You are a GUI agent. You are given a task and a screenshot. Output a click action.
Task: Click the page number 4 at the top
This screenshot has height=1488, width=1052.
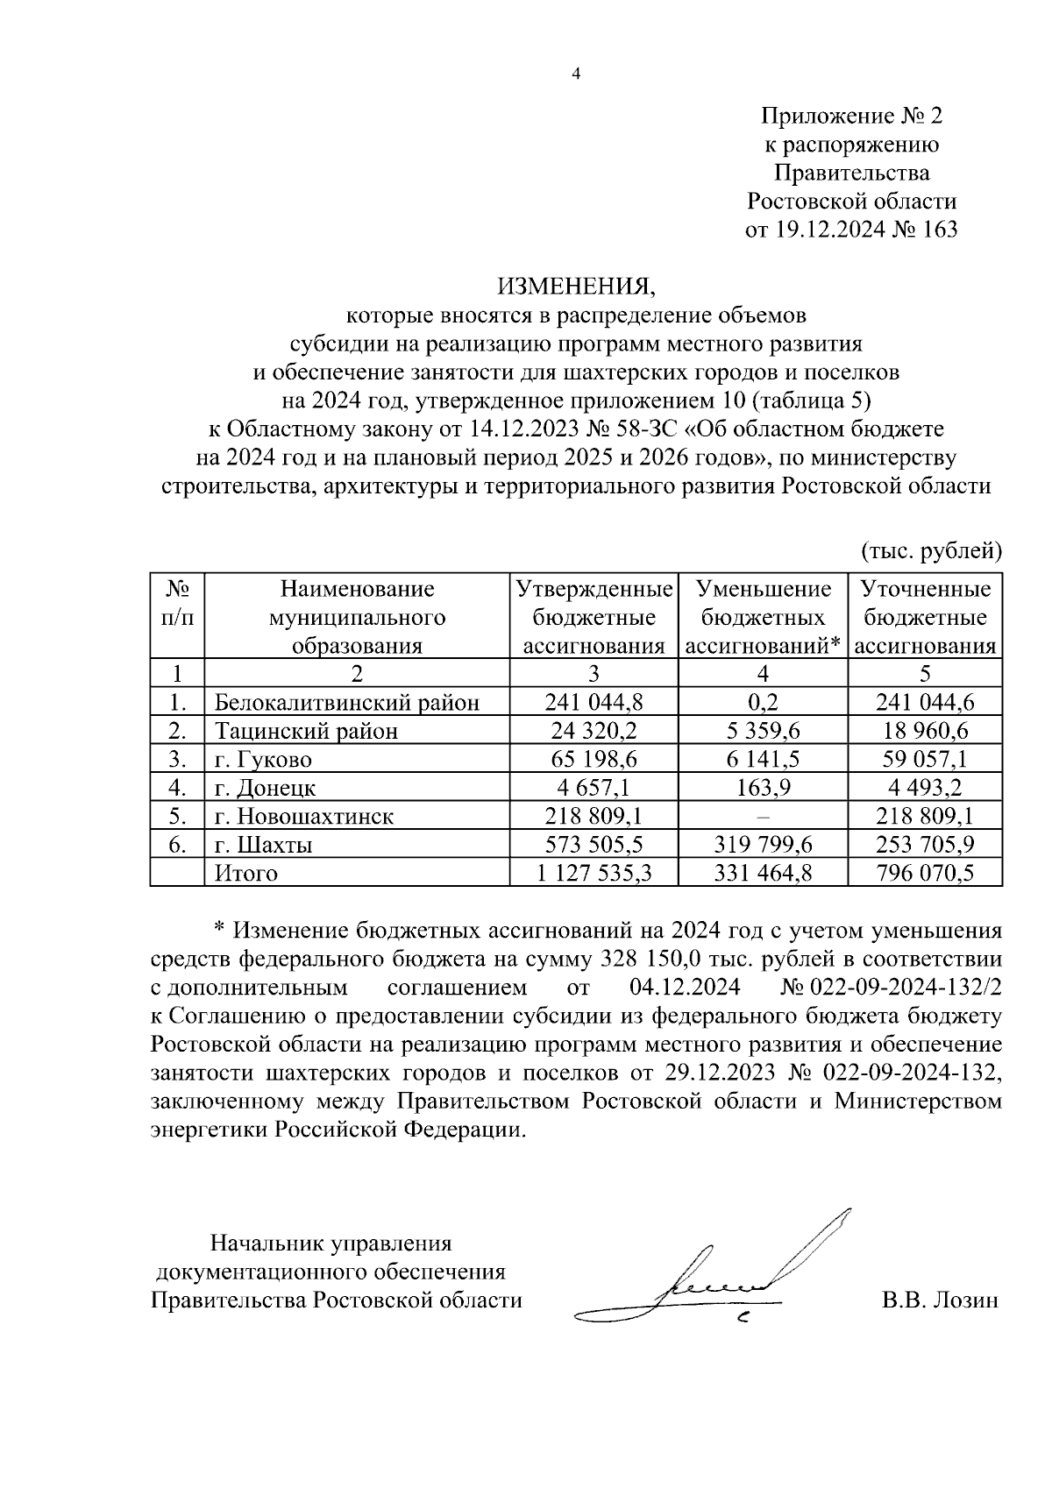(x=576, y=74)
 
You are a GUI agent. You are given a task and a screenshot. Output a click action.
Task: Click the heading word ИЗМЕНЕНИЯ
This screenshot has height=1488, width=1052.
(x=576, y=286)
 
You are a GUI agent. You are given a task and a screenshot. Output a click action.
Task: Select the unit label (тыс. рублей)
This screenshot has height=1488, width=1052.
(x=930, y=551)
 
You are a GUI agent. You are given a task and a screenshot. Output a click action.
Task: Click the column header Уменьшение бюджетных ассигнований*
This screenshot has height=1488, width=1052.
(x=763, y=617)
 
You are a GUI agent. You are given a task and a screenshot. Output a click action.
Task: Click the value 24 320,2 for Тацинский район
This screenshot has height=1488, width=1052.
(x=594, y=731)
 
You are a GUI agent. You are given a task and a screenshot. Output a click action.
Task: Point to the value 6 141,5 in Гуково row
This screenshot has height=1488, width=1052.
(x=763, y=759)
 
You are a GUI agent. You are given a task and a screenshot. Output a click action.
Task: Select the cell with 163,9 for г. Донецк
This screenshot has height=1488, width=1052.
(x=763, y=788)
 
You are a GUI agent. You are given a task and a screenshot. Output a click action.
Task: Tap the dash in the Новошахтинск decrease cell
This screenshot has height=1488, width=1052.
(x=763, y=817)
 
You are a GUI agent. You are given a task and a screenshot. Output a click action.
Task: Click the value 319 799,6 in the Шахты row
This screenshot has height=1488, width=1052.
(x=763, y=845)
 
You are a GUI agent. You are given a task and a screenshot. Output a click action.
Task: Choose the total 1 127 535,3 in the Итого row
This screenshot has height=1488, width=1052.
(x=594, y=874)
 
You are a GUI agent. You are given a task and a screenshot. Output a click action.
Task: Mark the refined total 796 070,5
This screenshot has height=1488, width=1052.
(x=925, y=874)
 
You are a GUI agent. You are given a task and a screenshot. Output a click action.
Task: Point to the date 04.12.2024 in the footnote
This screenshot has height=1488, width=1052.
(x=685, y=988)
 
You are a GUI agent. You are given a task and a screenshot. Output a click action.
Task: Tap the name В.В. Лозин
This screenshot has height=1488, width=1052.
(x=940, y=1300)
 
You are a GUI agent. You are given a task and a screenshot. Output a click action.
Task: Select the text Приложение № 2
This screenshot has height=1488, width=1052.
(x=851, y=117)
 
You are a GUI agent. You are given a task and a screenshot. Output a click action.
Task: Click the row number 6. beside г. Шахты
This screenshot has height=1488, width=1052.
(x=177, y=845)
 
